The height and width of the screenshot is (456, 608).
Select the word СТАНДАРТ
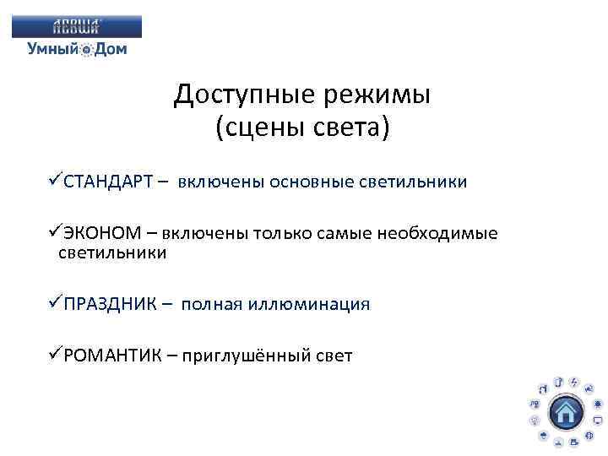pyautogui.click(x=107, y=182)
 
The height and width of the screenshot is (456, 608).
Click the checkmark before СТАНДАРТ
pyautogui.click(x=55, y=182)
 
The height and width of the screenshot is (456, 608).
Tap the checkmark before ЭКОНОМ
pyautogui.click(x=55, y=233)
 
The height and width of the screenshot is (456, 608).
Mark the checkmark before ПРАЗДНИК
pyautogui.click(x=55, y=303)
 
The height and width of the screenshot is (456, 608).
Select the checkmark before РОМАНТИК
pyautogui.click(x=55, y=355)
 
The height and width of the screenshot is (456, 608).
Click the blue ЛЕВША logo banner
pyautogui.click(x=77, y=25)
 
